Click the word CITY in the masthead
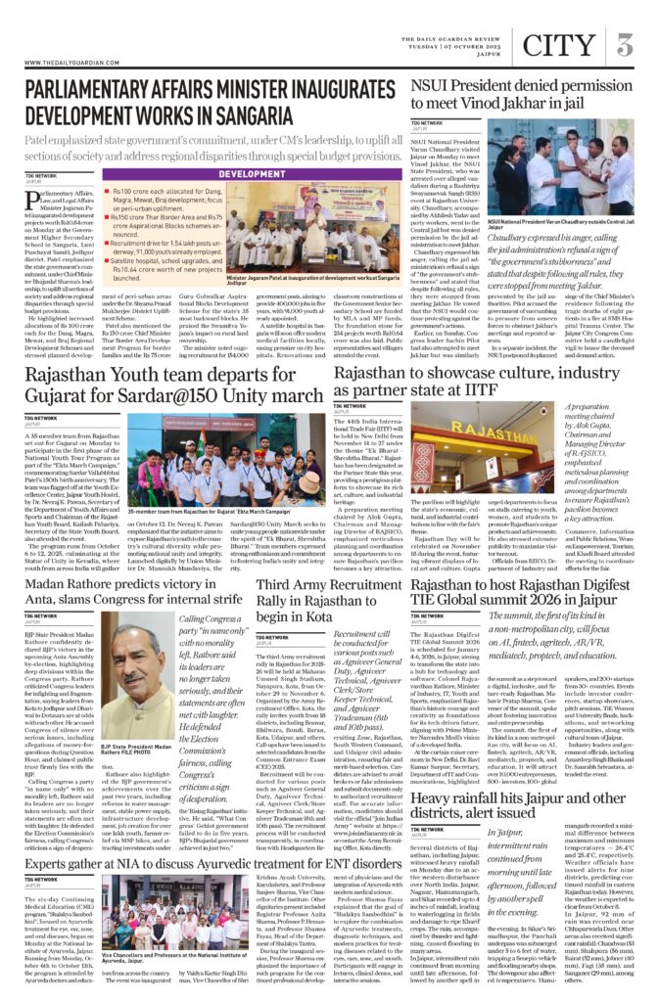(x=557, y=45)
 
